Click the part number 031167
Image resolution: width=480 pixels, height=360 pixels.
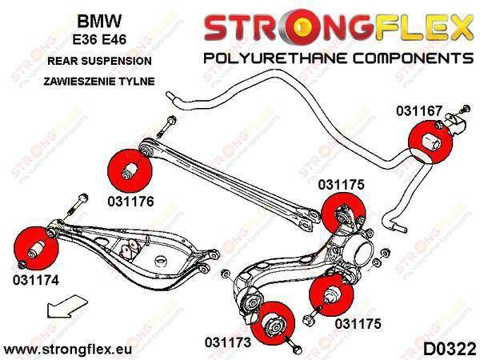419,110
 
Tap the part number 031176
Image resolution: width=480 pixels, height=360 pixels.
130,201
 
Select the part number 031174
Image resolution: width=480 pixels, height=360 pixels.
35,280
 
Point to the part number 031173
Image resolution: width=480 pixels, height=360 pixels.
228,342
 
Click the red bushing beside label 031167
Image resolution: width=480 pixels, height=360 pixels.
430,142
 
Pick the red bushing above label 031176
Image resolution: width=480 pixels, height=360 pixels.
130,170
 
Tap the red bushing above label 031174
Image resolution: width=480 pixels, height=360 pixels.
36,248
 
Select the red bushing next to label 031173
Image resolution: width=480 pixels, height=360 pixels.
273,323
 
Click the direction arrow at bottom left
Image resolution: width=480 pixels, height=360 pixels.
67,306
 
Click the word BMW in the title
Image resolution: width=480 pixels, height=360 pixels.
99,22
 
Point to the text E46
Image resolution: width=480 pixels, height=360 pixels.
114,40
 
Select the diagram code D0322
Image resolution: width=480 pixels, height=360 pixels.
449,349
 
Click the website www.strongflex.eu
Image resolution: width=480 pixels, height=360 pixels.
68,350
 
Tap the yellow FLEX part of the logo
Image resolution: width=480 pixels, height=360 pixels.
423,27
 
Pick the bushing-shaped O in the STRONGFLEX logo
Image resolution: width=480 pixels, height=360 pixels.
302,27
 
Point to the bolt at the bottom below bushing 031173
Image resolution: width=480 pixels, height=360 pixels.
294,346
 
